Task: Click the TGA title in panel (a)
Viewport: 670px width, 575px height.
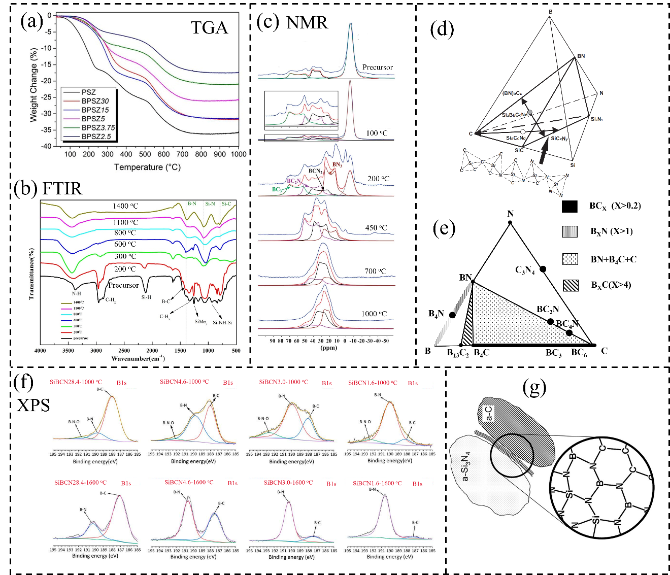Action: [x=209, y=27]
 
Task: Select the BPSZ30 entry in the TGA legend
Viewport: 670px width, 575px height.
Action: [x=95, y=101]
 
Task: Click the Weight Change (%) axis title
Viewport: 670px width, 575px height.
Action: [x=33, y=84]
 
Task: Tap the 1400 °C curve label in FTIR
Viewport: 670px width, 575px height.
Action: [x=125, y=206]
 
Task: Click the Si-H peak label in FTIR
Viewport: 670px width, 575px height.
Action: [x=146, y=297]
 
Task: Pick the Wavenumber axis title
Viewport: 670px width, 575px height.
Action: [x=138, y=358]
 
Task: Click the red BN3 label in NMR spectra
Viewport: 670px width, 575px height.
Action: [x=337, y=164]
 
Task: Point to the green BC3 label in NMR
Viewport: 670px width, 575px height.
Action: [x=277, y=189]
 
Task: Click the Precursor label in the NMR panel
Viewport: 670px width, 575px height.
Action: [x=377, y=67]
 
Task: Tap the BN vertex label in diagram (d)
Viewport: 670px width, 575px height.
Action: [x=581, y=56]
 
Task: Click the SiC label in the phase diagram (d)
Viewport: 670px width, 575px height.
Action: [x=518, y=150]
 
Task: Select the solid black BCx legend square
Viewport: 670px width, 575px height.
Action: [x=569, y=206]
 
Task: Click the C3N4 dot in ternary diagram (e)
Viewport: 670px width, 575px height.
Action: [x=543, y=268]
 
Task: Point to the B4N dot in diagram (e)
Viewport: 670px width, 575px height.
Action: [x=452, y=315]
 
